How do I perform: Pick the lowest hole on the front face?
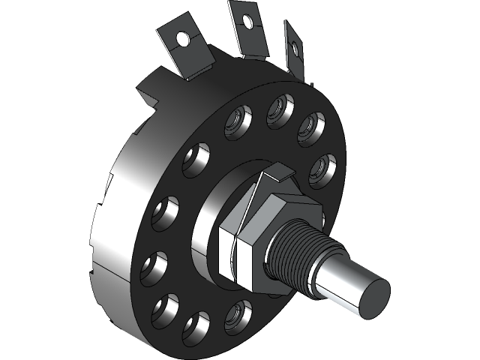[196, 325]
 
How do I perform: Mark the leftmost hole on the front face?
[154, 265]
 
